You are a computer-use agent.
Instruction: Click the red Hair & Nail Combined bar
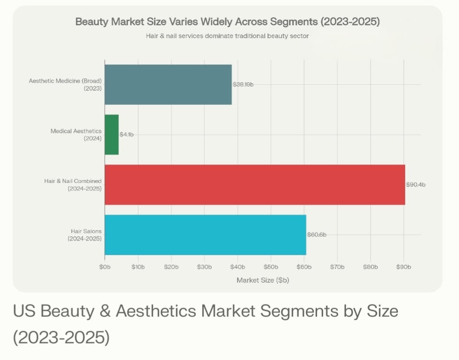[x=255, y=184]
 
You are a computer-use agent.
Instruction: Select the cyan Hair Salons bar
[x=205, y=234]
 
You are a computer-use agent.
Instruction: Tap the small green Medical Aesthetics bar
[x=112, y=135]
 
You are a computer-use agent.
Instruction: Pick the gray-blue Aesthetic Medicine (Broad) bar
[x=168, y=85]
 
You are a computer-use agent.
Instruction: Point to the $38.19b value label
[x=244, y=85]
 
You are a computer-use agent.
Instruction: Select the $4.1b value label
[x=126, y=135]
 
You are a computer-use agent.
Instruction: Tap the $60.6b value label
[x=317, y=234]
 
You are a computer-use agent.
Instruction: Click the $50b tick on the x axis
[x=271, y=267]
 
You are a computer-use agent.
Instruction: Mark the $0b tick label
[x=105, y=267]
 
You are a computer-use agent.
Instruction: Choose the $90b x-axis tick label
[x=404, y=267]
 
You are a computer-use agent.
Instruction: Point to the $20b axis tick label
[x=171, y=267]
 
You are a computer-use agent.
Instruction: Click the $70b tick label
[x=337, y=267]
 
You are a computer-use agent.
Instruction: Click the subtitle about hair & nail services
[x=227, y=35]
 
